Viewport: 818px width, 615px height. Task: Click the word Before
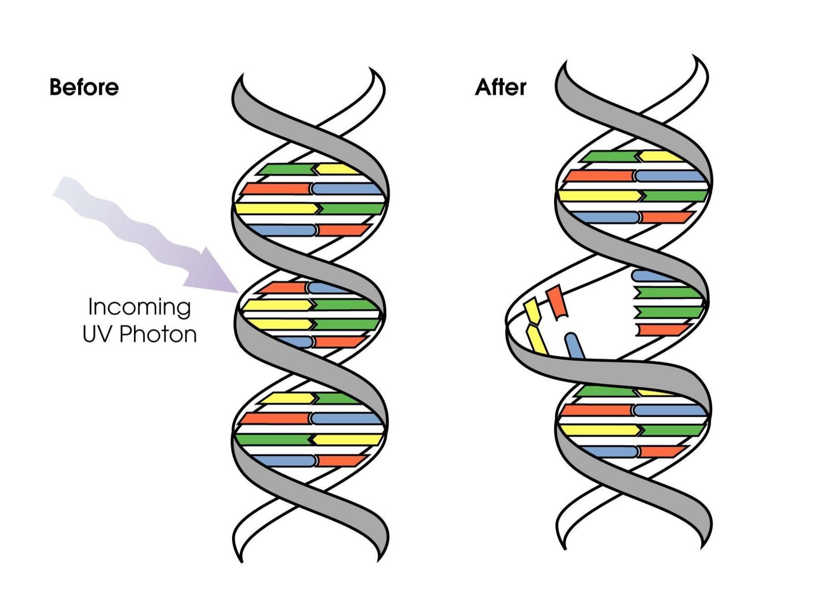coord(84,87)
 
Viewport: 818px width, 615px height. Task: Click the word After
coord(500,87)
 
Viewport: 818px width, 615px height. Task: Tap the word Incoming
coord(140,307)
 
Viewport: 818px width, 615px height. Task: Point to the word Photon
coord(158,335)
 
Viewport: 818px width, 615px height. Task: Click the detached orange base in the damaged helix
coord(556,302)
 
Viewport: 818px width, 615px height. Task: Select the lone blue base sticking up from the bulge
coord(575,346)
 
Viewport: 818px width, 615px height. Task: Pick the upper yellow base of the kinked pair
coord(533,311)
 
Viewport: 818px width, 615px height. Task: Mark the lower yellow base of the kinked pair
coord(537,339)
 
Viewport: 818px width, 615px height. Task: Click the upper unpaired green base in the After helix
coord(668,293)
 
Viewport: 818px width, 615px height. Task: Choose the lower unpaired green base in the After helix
coord(668,312)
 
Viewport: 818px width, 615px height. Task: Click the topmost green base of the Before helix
coord(284,169)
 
